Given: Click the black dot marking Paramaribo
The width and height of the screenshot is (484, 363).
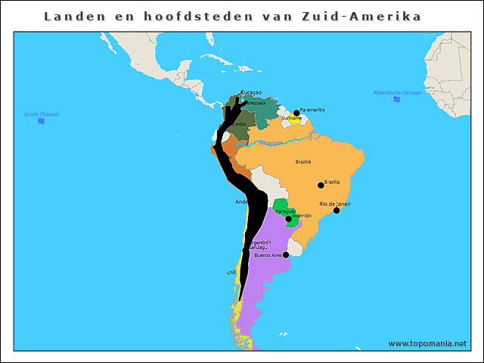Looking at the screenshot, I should [x=296, y=113].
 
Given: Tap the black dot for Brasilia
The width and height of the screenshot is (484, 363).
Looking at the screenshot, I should [x=321, y=185].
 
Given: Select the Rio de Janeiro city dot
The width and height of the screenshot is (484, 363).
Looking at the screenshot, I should [x=337, y=210].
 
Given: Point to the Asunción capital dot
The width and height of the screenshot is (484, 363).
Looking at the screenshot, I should [x=288, y=219].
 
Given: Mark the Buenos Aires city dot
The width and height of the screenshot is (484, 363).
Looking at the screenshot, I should [x=286, y=255].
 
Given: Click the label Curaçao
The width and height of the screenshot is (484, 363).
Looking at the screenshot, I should [x=250, y=92].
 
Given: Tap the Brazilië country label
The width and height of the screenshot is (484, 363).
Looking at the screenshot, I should [x=303, y=162].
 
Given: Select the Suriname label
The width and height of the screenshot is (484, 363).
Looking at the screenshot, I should [x=291, y=119].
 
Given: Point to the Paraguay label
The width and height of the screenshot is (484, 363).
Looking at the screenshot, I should [x=284, y=211].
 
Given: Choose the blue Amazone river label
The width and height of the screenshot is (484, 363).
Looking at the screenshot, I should [x=270, y=142].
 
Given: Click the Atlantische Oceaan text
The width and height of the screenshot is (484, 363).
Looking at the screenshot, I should [x=397, y=92].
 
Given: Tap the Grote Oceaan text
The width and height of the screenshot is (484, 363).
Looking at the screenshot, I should [x=42, y=114].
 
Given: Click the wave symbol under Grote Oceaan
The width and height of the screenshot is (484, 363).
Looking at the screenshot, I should [x=41, y=121].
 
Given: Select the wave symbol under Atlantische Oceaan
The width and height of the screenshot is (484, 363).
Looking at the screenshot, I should [x=397, y=99].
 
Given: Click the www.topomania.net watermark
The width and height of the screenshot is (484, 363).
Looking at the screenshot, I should [x=427, y=343].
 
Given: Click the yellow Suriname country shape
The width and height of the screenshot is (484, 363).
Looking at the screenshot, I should [x=295, y=122].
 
